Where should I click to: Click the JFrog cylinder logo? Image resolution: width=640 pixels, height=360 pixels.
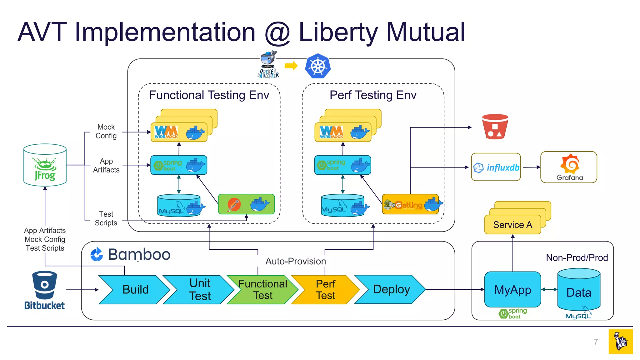[45, 165]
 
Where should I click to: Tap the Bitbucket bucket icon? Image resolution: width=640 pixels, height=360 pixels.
[44, 285]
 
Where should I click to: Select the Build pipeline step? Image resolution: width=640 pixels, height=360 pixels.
[135, 290]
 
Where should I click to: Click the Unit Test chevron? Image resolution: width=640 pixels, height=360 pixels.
[200, 290]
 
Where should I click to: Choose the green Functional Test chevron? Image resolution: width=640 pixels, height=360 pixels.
[262, 290]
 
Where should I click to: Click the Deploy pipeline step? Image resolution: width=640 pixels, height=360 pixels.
[391, 289]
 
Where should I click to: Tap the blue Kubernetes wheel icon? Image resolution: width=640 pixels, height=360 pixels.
[318, 66]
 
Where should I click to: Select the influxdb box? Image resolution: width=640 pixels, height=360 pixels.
[496, 167]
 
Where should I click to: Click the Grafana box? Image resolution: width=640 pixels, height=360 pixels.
[569, 167]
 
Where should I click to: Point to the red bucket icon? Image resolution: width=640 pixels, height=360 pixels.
[495, 127]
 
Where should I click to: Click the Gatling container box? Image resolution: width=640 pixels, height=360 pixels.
[410, 204]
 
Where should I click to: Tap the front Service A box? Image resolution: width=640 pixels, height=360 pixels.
[512, 225]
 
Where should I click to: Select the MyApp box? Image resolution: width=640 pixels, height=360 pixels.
[512, 290]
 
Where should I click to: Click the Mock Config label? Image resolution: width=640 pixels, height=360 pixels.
[106, 132]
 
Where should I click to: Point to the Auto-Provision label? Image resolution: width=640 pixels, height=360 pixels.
[295, 261]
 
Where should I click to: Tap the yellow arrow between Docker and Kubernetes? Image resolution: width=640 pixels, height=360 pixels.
[291, 66]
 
